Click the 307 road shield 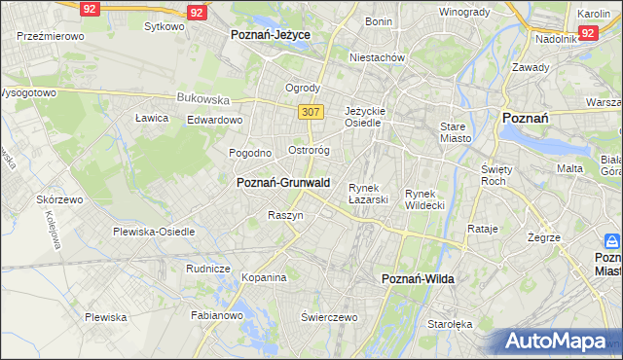tap(311, 112)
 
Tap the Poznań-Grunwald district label tap(283, 182)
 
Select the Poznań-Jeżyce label tap(271, 34)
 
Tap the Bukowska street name tap(202, 98)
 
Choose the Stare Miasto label tap(455, 132)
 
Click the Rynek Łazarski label tap(369, 194)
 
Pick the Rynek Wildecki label tap(424, 199)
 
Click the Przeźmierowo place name tap(50, 35)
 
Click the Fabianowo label tap(217, 315)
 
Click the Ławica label tap(152, 118)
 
